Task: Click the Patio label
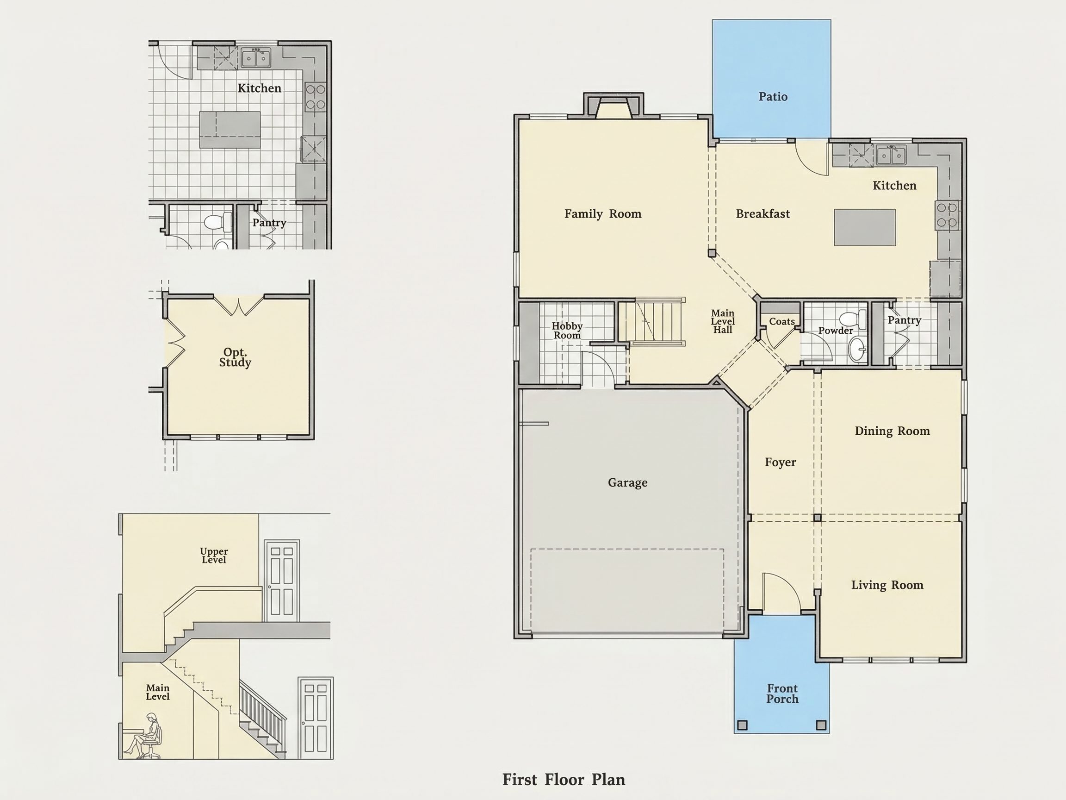pyautogui.click(x=773, y=97)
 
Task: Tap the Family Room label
pyautogui.click(x=603, y=214)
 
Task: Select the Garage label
pyautogui.click(x=627, y=483)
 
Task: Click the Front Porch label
pyautogui.click(x=782, y=694)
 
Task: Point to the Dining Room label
pyautogui.click(x=892, y=431)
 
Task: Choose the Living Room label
pyautogui.click(x=887, y=585)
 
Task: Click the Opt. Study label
pyautogui.click(x=235, y=357)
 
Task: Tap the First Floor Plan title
pyautogui.click(x=564, y=780)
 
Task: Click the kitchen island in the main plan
pyautogui.click(x=865, y=228)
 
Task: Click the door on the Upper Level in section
pyautogui.click(x=281, y=581)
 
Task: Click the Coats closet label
pyautogui.click(x=781, y=322)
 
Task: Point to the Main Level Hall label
pyautogui.click(x=722, y=322)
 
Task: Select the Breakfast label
pyautogui.click(x=763, y=214)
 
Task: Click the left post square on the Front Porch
pyautogui.click(x=742, y=725)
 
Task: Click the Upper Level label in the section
pyautogui.click(x=214, y=556)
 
